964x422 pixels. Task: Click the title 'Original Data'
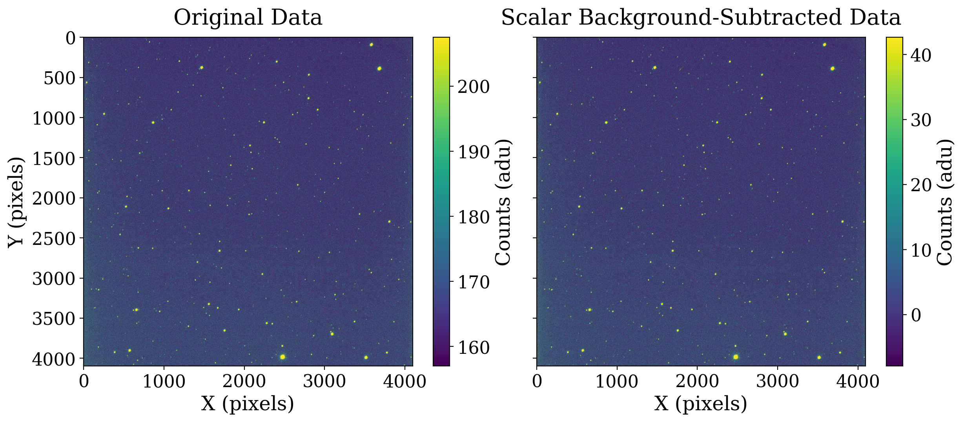[x=248, y=18]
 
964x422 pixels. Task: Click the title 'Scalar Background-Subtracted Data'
[x=701, y=18]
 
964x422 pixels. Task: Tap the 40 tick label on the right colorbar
[x=921, y=56]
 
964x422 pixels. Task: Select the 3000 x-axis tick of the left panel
[x=324, y=381]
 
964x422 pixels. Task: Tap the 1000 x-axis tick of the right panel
[x=617, y=381]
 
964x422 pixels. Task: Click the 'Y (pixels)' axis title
[x=16, y=202]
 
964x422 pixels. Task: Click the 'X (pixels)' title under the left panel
[x=248, y=404]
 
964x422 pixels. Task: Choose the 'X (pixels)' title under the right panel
[x=701, y=404]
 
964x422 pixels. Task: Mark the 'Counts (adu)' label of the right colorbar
[x=945, y=202]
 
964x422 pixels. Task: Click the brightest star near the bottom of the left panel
[x=282, y=357]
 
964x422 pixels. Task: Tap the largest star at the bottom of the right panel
[x=736, y=357]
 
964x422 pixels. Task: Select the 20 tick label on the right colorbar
[x=921, y=185]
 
